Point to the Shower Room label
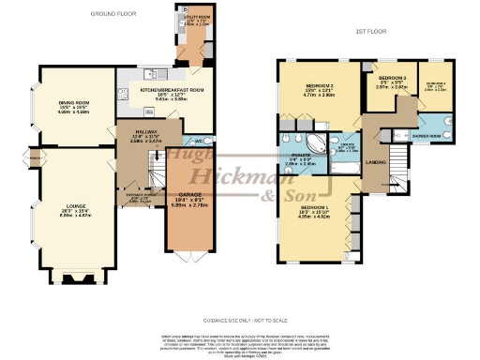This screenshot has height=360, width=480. [x=432, y=134]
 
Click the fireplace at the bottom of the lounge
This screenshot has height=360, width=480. [x=71, y=277]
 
